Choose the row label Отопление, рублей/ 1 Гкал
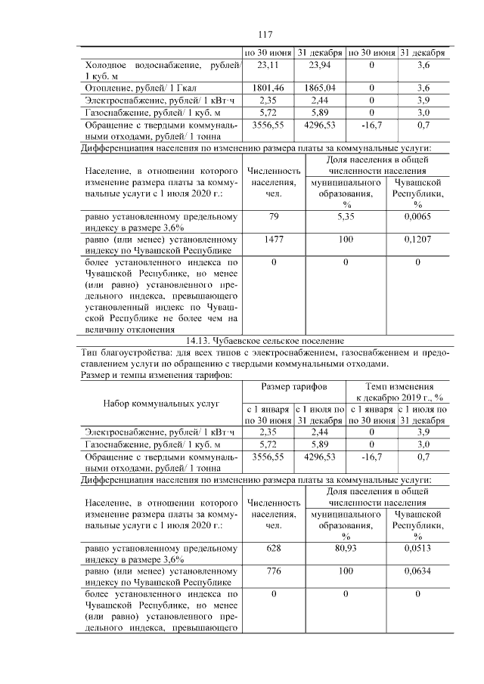tap(137, 88)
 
